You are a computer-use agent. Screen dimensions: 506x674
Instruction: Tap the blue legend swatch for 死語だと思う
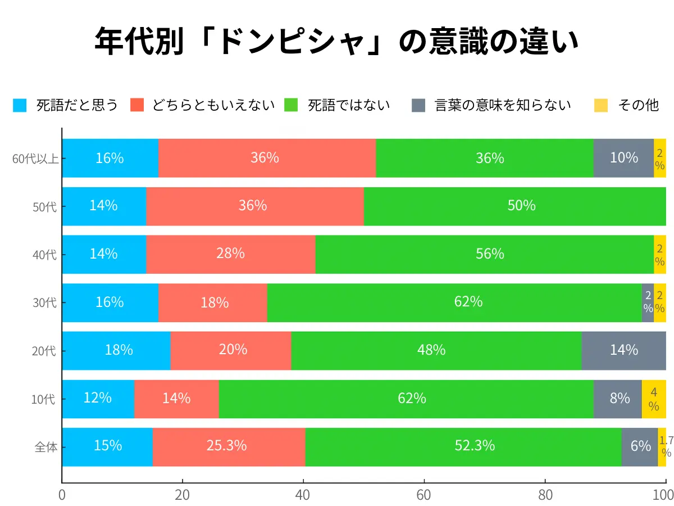(x=20, y=105)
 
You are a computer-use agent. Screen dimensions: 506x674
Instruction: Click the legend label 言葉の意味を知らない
(x=503, y=105)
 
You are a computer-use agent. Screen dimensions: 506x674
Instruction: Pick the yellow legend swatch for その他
(x=601, y=105)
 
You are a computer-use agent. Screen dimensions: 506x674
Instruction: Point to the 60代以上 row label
(x=35, y=159)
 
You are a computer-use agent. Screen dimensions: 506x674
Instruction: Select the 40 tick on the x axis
(x=303, y=495)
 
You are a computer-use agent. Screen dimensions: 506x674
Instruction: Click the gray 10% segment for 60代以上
(x=623, y=158)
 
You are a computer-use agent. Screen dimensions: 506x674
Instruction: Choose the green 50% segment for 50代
(x=514, y=206)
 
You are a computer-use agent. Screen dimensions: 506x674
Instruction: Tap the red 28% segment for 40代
(x=231, y=254)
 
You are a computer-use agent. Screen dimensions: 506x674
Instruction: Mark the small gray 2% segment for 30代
(x=648, y=302)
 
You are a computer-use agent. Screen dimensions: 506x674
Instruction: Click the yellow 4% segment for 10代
(x=654, y=399)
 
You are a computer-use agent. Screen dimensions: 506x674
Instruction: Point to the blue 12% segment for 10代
(x=98, y=399)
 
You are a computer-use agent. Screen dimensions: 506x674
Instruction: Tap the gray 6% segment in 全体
(x=640, y=447)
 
